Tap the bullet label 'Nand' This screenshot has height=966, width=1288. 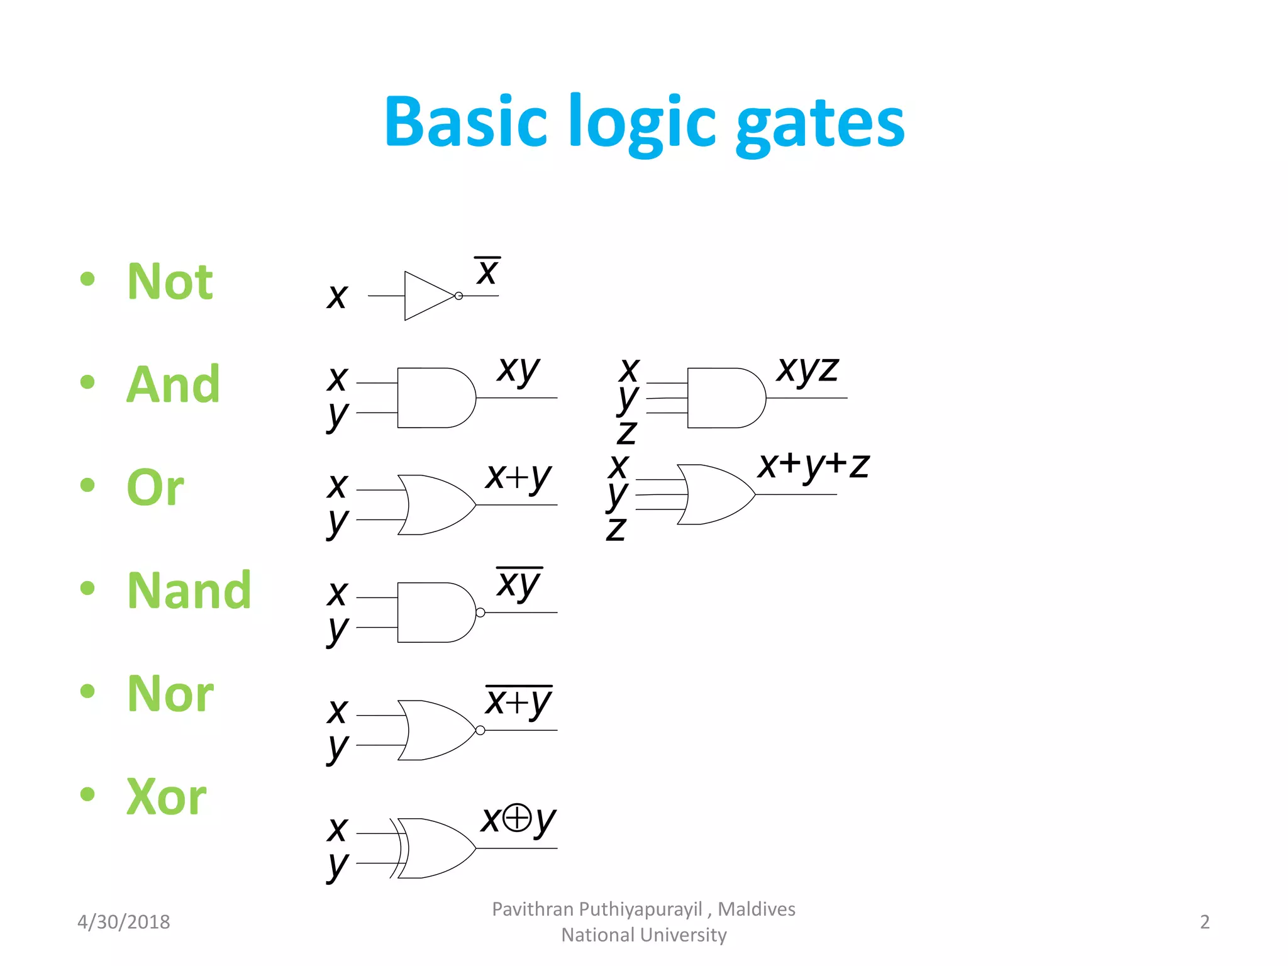point(189,591)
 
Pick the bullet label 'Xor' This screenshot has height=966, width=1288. point(166,797)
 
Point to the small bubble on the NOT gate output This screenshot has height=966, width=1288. point(458,296)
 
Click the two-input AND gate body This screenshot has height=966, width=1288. point(434,398)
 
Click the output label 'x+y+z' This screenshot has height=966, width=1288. point(813,466)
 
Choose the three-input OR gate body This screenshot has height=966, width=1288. point(714,494)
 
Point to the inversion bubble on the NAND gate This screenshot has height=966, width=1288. point(480,613)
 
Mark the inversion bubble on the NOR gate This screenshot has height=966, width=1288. point(480,730)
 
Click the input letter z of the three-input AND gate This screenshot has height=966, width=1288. point(626,432)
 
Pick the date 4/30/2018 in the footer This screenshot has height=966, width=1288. point(123,922)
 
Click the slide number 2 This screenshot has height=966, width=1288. point(1204,922)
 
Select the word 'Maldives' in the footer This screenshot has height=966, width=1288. point(756,909)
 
